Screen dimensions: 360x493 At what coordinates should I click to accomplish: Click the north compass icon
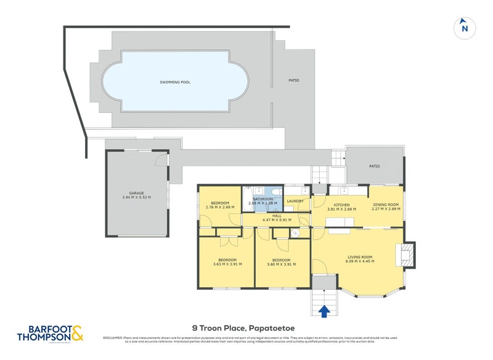pyautogui.click(x=465, y=27)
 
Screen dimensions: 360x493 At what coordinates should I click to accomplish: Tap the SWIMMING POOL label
pyautogui.click(x=175, y=81)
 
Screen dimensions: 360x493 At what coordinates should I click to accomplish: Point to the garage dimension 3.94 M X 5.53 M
pyautogui.click(x=136, y=197)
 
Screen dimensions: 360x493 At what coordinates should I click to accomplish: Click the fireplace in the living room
pyautogui.click(x=407, y=255)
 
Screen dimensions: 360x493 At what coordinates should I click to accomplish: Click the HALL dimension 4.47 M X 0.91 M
pyautogui.click(x=277, y=220)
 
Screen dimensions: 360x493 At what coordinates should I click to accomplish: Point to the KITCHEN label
pyautogui.click(x=342, y=205)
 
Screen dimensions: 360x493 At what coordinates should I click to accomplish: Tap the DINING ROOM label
pyautogui.click(x=386, y=205)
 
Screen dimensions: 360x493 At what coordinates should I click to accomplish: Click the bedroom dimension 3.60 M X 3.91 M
pyautogui.click(x=281, y=264)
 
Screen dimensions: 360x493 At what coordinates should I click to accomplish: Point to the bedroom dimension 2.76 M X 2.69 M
pyautogui.click(x=219, y=208)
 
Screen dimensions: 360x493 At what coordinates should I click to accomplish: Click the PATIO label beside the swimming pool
pyautogui.click(x=294, y=80)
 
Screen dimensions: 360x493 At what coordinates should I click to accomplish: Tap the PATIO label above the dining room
pyautogui.click(x=374, y=166)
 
